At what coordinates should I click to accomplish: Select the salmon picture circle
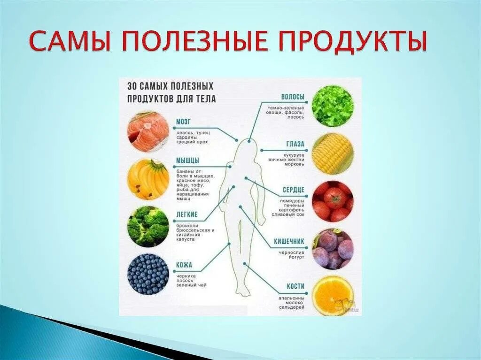point(148,131)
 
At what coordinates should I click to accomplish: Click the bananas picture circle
point(148,179)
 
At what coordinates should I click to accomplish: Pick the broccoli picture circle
point(148,226)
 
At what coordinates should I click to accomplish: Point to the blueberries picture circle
point(148,274)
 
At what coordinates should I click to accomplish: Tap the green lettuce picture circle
point(333,106)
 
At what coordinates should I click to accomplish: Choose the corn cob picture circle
point(333,153)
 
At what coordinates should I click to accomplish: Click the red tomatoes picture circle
point(333,201)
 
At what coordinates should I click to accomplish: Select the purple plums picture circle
point(333,249)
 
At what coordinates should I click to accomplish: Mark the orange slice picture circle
point(333,296)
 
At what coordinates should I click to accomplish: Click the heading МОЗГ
point(183,122)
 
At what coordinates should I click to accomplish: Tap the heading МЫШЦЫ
point(187,161)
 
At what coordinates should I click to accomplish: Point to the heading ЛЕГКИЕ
point(187,215)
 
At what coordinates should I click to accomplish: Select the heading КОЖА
point(184,265)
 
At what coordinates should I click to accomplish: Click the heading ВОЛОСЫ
point(293,97)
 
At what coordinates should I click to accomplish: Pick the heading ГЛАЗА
point(295,144)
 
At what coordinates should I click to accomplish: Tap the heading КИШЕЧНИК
point(289,242)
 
